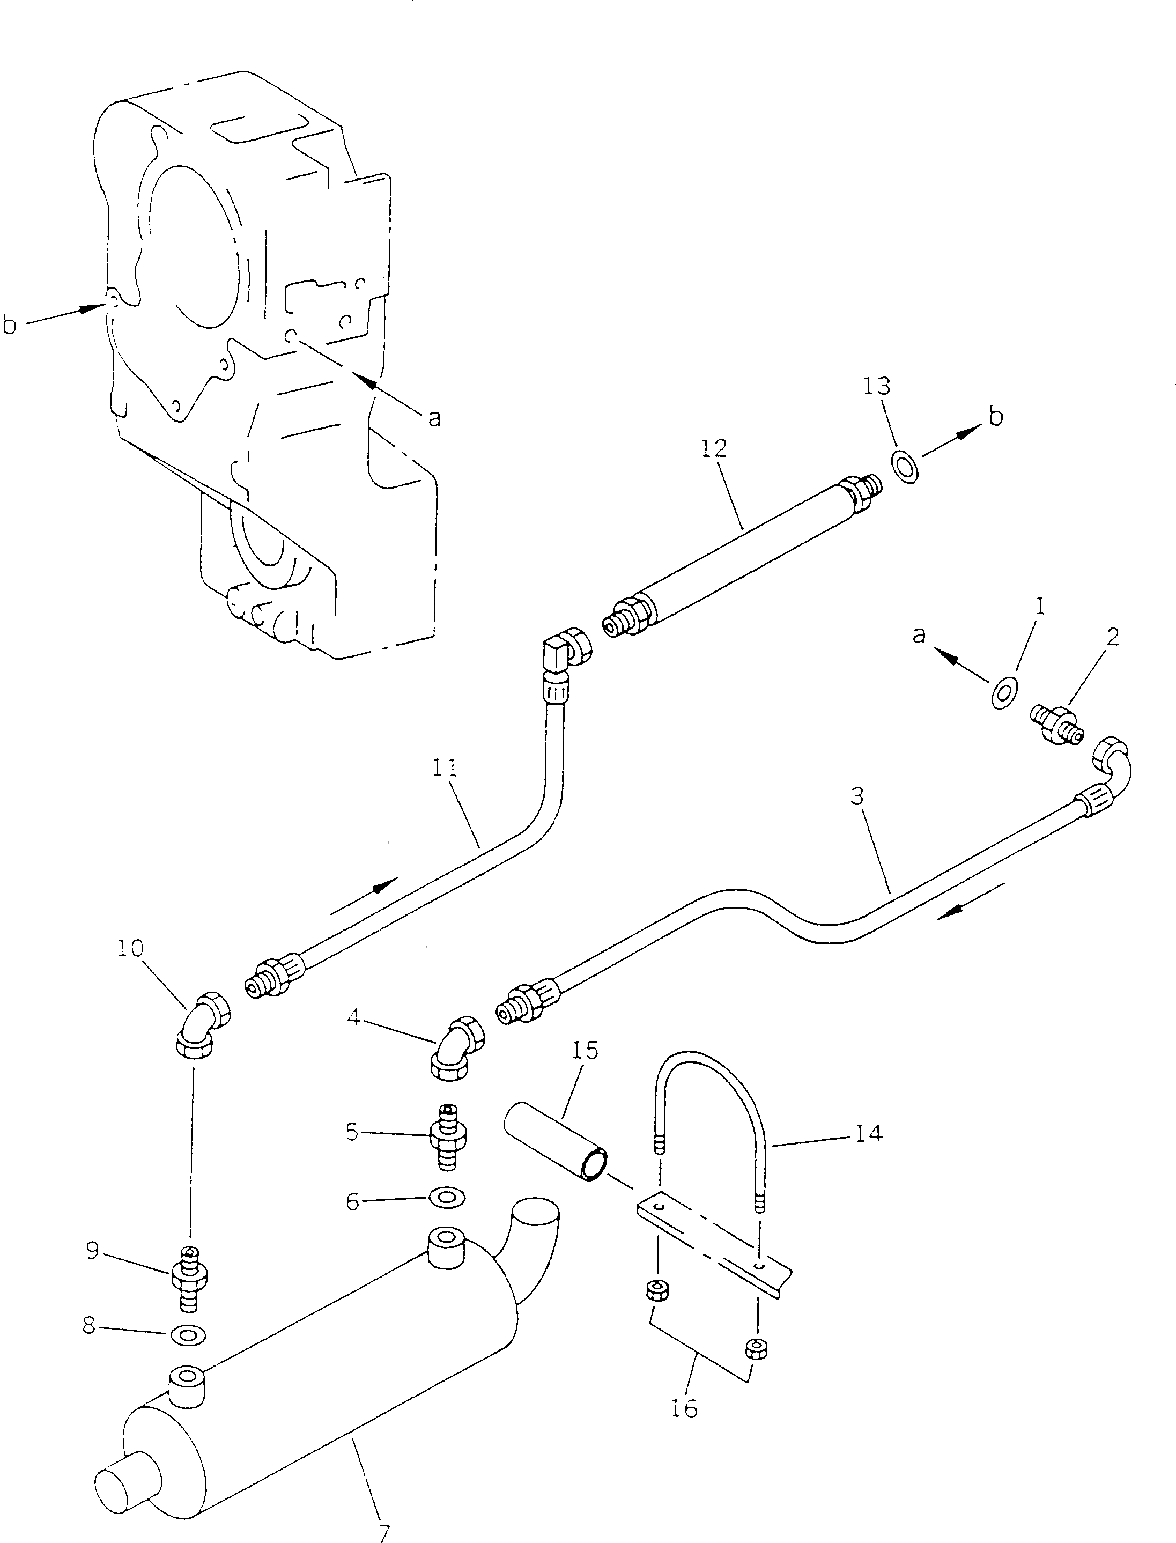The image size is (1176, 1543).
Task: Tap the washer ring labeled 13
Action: point(905,467)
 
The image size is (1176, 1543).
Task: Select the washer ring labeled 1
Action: point(1004,693)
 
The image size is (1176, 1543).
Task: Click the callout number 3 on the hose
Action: point(857,796)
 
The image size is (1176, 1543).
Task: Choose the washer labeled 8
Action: point(188,1337)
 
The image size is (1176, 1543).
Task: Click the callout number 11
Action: point(445,768)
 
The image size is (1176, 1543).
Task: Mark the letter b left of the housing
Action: point(10,325)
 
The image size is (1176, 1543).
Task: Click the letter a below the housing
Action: point(435,418)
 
